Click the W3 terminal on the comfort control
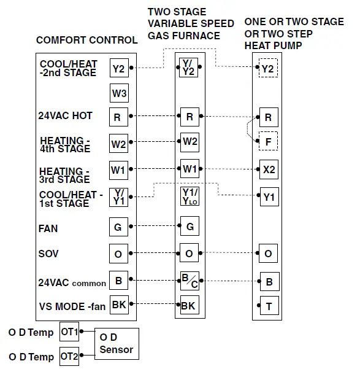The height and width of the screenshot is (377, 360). [x=118, y=94]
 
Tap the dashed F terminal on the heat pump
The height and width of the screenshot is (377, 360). [x=268, y=141]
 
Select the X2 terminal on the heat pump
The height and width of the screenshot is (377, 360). [x=268, y=168]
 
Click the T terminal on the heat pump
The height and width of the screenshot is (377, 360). [x=268, y=305]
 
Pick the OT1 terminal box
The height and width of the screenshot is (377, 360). [x=69, y=332]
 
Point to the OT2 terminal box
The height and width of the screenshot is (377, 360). [x=69, y=356]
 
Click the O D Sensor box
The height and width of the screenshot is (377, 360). [x=117, y=344]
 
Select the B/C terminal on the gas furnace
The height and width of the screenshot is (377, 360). [x=190, y=282]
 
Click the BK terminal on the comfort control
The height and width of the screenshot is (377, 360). [x=118, y=305]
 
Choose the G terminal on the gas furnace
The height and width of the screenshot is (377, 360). [x=190, y=227]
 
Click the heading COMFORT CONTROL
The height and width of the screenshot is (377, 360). [x=86, y=41]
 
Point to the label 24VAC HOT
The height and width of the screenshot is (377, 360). [x=66, y=115]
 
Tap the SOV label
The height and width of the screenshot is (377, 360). [x=48, y=254]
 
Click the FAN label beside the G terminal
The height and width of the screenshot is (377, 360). [x=48, y=228]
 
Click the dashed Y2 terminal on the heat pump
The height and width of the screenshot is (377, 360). [x=268, y=69]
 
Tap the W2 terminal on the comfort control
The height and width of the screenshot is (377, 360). [x=118, y=144]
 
